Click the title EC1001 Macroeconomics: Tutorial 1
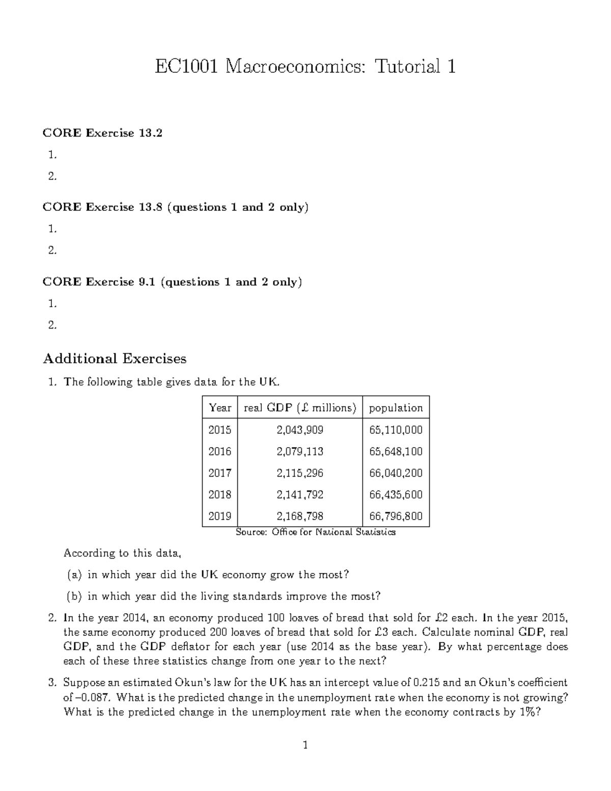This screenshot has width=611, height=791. click(x=305, y=67)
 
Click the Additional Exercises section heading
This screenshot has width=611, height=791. click(x=115, y=359)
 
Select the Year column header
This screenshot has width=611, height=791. click(x=219, y=408)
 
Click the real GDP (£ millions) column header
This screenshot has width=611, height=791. click(x=300, y=408)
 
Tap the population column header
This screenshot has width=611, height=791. click(x=396, y=408)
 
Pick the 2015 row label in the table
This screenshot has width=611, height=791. click(x=219, y=430)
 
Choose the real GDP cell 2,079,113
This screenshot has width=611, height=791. click(x=300, y=452)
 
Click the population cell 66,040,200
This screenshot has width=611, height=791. click(x=396, y=473)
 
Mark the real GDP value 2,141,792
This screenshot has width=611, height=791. click(x=300, y=495)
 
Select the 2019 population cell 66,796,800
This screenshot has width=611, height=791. click(x=396, y=516)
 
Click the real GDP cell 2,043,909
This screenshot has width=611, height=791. click(x=300, y=430)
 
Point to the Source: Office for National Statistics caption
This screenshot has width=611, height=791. click(x=316, y=532)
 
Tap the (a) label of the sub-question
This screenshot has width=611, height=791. click(x=74, y=575)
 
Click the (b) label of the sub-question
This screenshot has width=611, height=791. click(x=74, y=596)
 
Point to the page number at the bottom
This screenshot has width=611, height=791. click(x=305, y=746)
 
